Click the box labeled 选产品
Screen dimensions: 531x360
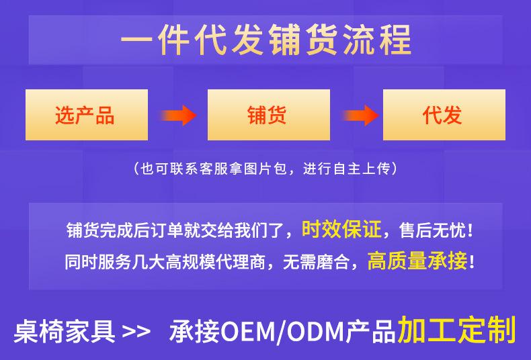coord(87,115)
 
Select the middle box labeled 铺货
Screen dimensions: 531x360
coord(269,115)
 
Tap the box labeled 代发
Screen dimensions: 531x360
coord(444,115)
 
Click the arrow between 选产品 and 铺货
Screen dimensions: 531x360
coord(179,116)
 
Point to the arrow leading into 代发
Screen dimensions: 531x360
coord(360,116)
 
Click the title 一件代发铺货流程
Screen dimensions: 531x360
coord(266,40)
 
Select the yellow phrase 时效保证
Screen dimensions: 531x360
coord(341,230)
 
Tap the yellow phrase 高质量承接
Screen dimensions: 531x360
coord(417,261)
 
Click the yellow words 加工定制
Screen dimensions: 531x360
coord(456,330)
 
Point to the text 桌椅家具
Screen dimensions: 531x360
coord(65,332)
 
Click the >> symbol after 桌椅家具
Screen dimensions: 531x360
coord(136,332)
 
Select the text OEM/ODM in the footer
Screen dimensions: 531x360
coord(283,332)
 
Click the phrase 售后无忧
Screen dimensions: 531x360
coord(432,230)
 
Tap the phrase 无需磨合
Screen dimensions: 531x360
coord(316,262)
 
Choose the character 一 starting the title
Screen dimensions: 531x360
coord(136,40)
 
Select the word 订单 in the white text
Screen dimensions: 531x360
coord(166,230)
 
